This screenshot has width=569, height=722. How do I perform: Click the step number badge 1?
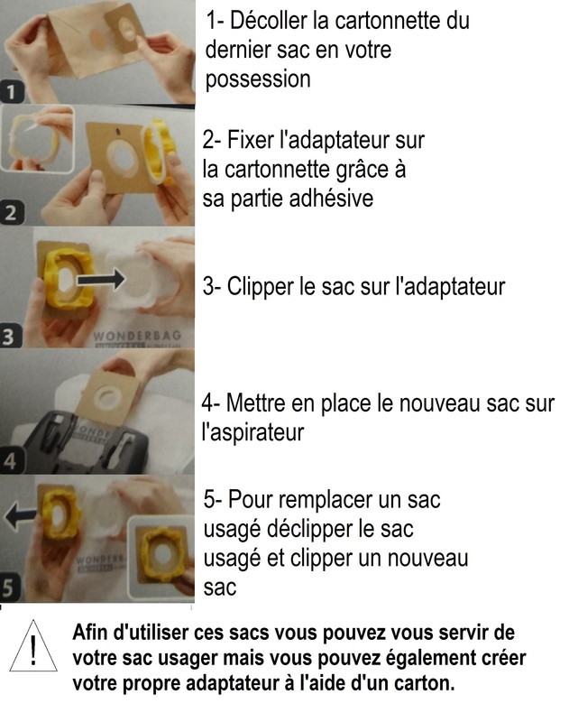coord(11,92)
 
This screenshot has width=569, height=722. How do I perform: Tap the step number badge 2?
coord(11,213)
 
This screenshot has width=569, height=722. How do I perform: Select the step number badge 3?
coord(10,337)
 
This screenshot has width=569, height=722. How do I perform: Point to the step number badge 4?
coord(10,461)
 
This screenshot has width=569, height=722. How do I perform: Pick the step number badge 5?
coord(9,588)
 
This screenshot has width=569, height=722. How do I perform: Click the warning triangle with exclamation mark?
coord(33,646)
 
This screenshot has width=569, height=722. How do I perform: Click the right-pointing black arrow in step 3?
coord(101,279)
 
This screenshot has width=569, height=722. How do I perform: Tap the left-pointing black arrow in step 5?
coord(20,515)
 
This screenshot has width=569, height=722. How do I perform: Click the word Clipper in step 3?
coord(260,287)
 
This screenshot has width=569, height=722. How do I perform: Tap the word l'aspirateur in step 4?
coord(253,432)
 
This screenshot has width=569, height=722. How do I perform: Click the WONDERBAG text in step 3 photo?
coord(137,336)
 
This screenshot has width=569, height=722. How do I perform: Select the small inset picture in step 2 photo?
coord(37,139)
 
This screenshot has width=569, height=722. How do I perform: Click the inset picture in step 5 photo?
coord(160,556)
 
